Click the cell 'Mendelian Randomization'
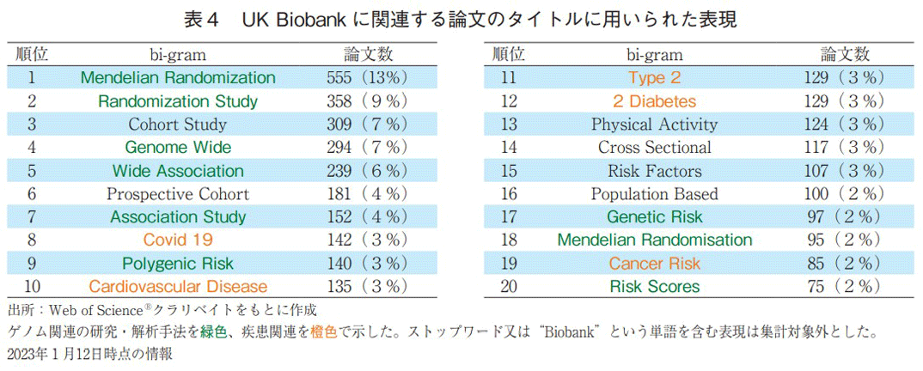(x=178, y=77)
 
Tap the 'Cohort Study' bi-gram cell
(x=178, y=124)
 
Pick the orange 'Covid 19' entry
(x=178, y=240)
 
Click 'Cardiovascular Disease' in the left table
(x=178, y=286)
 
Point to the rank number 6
(x=31, y=193)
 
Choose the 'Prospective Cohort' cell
(x=178, y=193)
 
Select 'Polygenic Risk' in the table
(x=178, y=263)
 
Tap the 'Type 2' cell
(x=655, y=77)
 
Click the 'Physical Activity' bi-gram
(x=655, y=124)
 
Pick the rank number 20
(x=509, y=286)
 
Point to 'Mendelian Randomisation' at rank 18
(x=655, y=240)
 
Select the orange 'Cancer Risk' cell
(x=655, y=263)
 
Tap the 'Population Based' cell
(x=655, y=193)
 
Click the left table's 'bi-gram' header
(x=178, y=54)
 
